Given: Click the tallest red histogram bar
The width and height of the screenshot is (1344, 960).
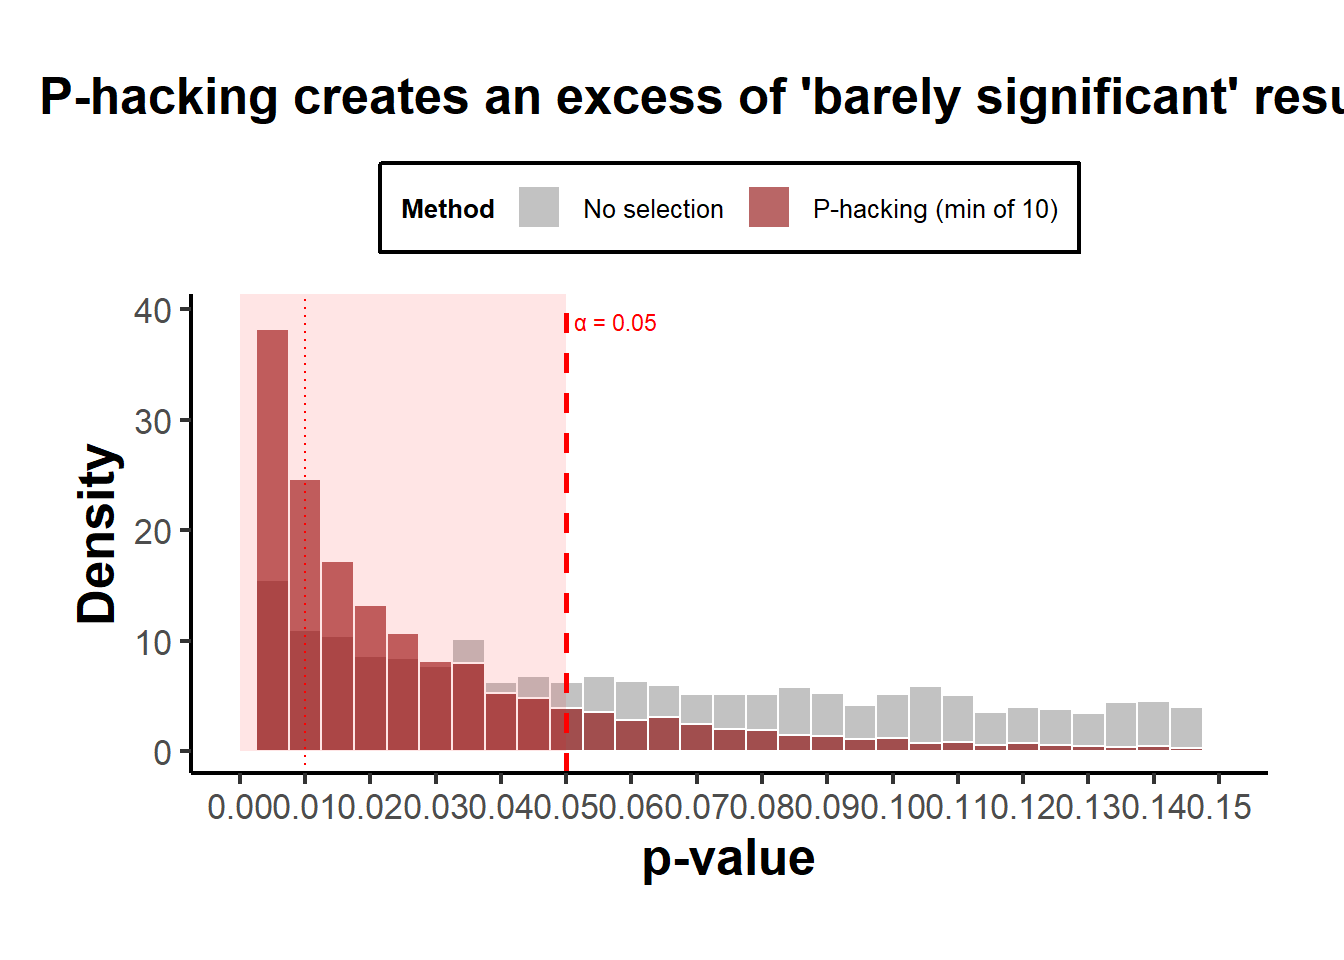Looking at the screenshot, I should (273, 450).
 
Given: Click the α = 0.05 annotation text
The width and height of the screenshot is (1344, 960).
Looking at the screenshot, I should (615, 323).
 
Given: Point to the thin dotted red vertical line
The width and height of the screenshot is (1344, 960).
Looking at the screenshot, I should (305, 400).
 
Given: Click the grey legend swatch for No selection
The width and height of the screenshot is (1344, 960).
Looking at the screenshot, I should (539, 208).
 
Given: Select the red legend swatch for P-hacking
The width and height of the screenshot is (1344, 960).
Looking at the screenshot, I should (769, 208).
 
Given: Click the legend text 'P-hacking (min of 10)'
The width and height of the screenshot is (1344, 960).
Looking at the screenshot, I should (935, 209).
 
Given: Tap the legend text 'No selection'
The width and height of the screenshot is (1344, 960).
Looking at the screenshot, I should (653, 209).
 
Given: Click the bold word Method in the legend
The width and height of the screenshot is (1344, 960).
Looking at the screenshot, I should (448, 209).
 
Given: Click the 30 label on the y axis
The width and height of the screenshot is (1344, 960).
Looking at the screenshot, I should (153, 422).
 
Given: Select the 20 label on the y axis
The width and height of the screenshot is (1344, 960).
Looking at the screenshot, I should (153, 532).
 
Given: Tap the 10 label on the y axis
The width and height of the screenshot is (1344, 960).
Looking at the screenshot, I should (153, 643).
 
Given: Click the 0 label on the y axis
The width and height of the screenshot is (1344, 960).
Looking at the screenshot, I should (163, 753).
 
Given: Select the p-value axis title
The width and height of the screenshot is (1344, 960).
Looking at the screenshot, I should (728, 858).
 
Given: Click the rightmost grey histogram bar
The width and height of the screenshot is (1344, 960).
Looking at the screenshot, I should (1186, 727).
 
